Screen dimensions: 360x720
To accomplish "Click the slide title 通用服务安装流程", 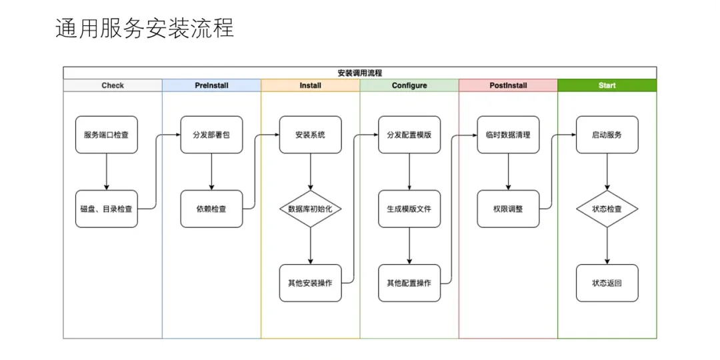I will tap(145, 29).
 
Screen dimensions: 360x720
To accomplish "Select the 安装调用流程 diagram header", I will tap(359, 73).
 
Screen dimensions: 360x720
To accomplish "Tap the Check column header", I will tap(113, 85).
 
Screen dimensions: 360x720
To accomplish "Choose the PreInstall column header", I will tap(211, 85).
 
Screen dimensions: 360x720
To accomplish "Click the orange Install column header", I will tap(310, 85).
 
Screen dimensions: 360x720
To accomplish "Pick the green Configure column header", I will tap(409, 85).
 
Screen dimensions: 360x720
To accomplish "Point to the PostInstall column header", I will tap(508, 85).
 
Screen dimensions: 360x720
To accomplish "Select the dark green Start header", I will tap(607, 85).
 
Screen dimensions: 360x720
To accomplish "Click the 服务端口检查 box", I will tap(107, 135).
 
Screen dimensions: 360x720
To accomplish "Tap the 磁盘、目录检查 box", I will tap(107, 209).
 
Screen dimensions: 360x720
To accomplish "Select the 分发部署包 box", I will tap(211, 135).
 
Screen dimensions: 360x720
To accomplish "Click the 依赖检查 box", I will tap(211, 209).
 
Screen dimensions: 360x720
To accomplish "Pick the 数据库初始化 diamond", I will tap(310, 209).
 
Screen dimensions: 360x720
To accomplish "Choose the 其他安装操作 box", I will tap(310, 283).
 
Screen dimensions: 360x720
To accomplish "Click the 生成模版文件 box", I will tap(409, 209).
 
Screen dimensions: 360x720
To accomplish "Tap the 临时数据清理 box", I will tap(508, 135).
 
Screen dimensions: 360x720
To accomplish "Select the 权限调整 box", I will tap(508, 209).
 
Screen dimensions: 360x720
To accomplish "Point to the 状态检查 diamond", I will tap(607, 209).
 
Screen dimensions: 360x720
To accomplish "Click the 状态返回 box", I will tap(607, 283).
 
